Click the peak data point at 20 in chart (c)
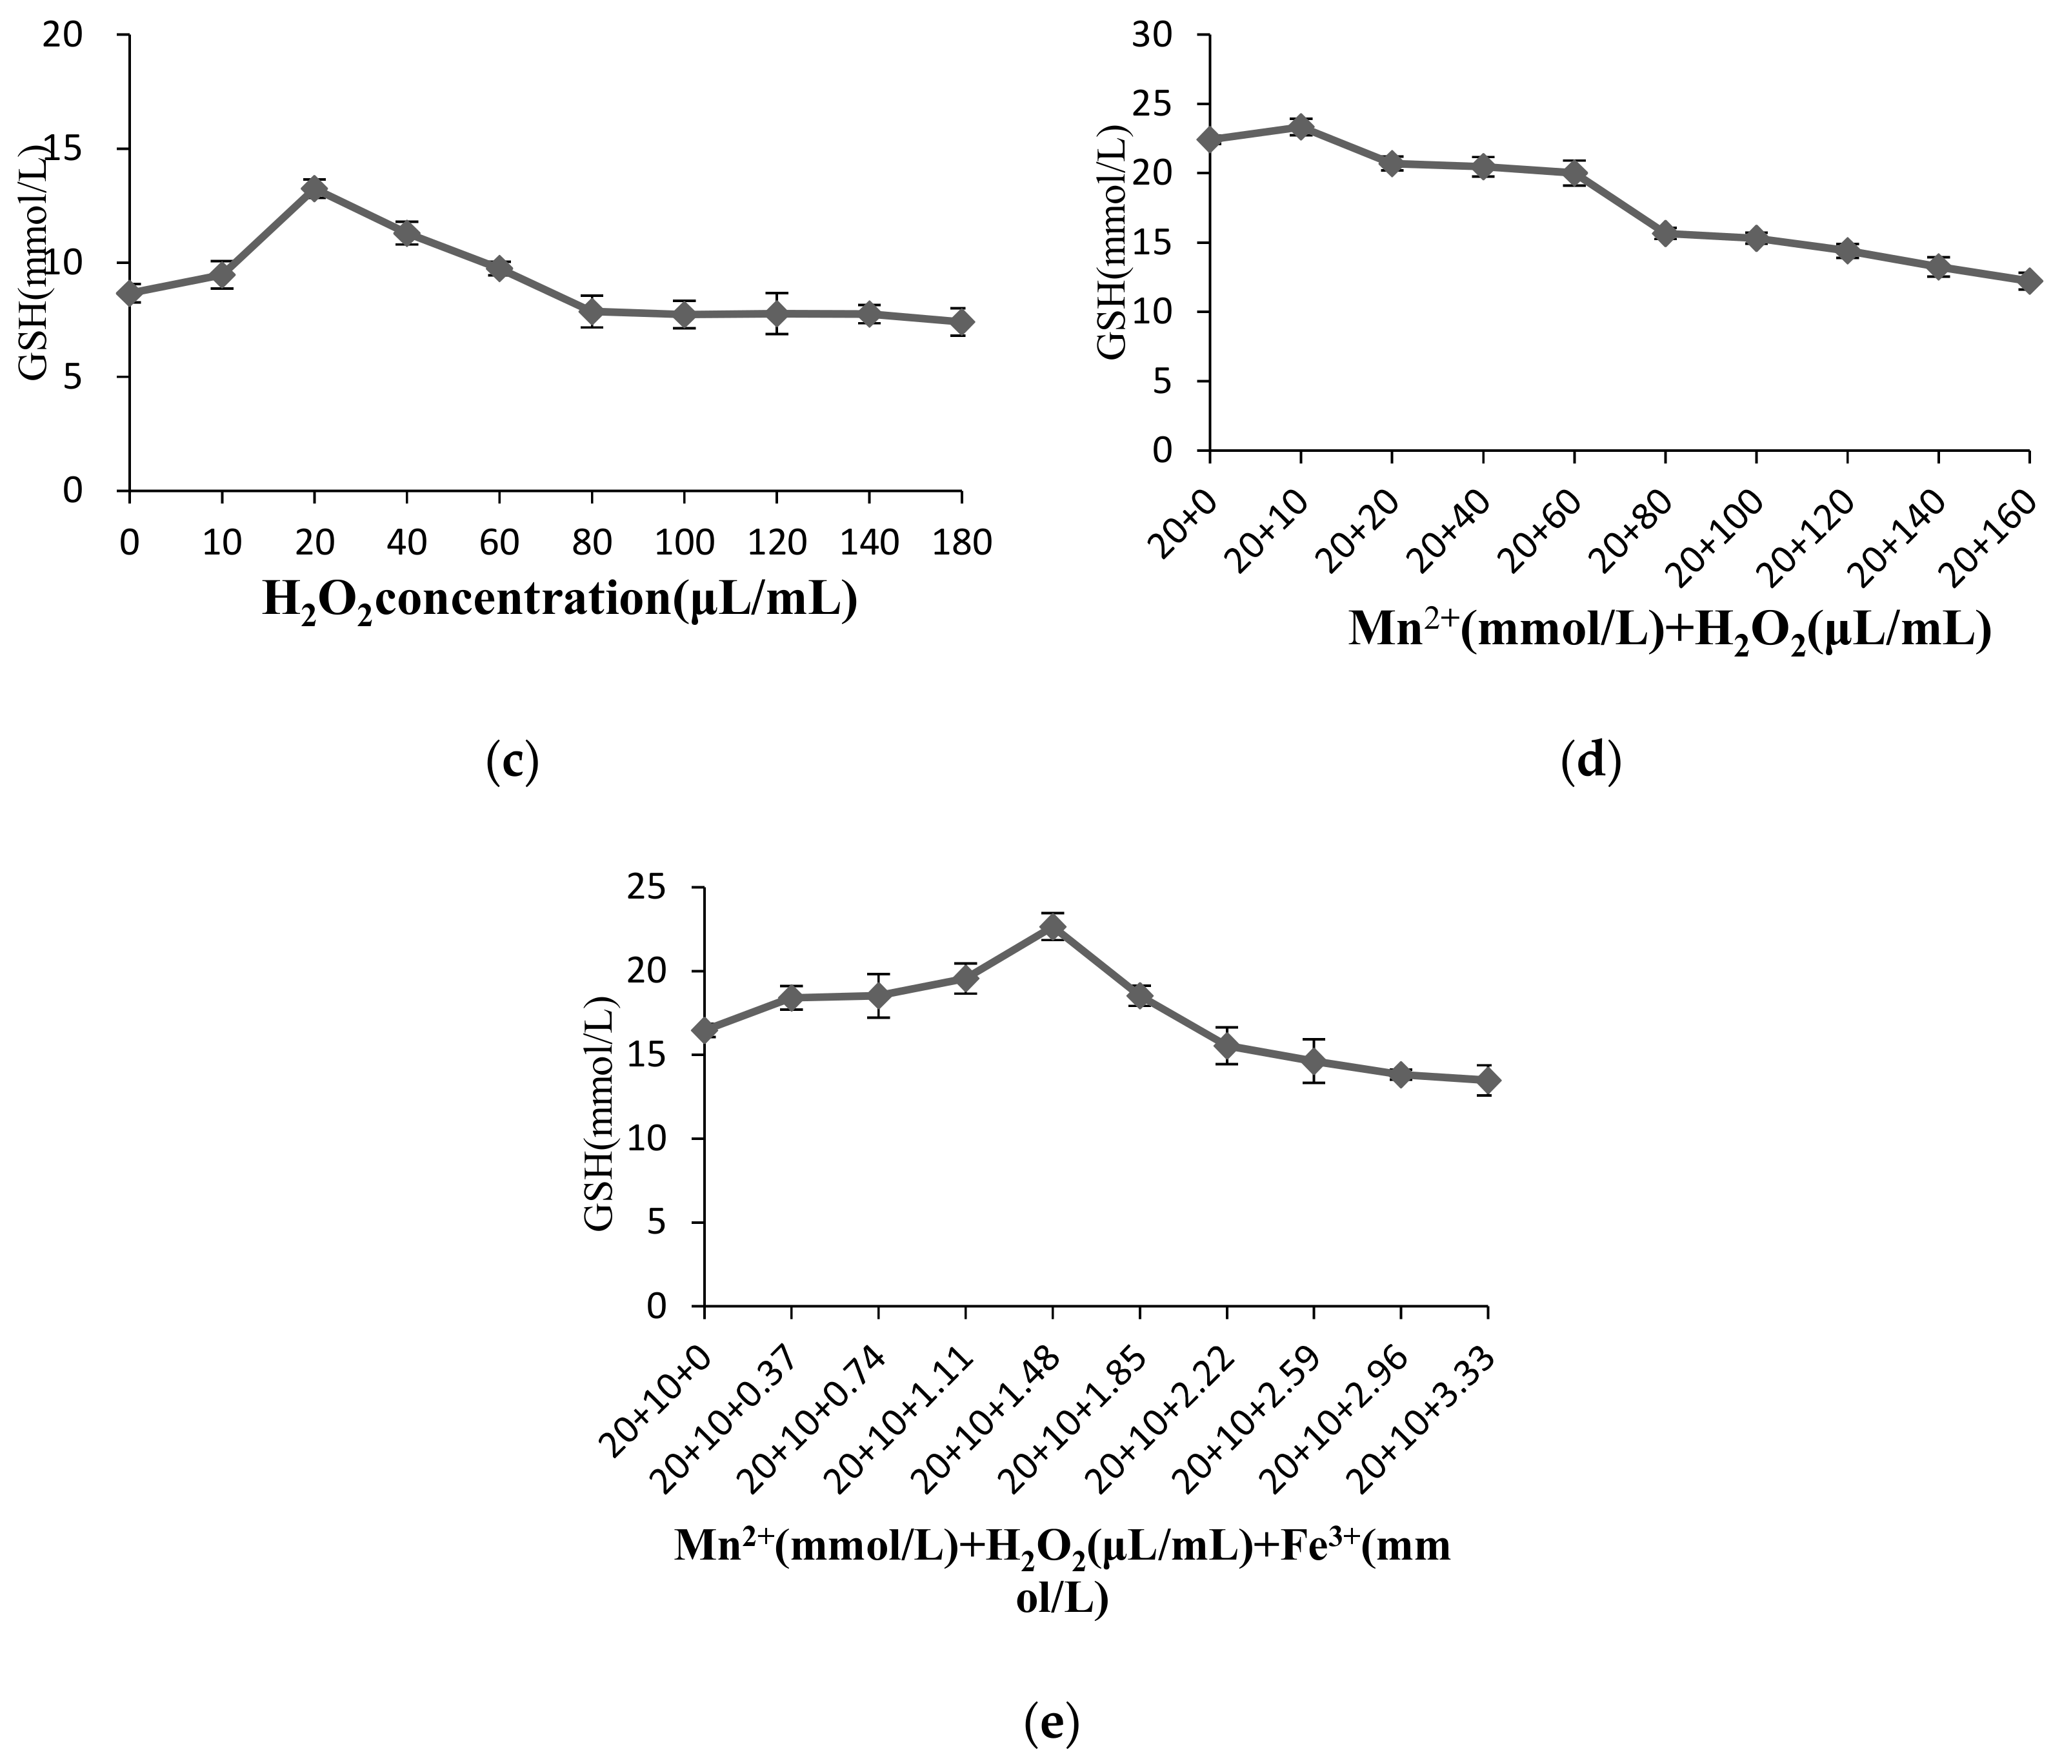tap(314, 189)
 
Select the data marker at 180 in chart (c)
tap(960, 321)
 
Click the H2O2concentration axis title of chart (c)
tap(559, 601)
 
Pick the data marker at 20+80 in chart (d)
tap(1665, 234)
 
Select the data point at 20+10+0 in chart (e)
tap(705, 1030)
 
